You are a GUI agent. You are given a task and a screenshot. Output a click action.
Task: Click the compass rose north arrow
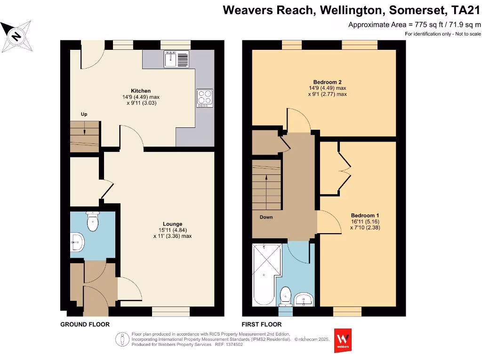17,36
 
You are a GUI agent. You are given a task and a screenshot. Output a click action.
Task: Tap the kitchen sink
177,59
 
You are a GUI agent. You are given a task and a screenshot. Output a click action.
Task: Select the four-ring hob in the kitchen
204,98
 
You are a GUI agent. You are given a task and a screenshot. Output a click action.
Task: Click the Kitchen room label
141,91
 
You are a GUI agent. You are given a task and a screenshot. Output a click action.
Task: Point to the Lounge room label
172,224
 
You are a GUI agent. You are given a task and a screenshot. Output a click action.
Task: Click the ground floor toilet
93,222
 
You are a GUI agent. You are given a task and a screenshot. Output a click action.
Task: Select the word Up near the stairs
84,114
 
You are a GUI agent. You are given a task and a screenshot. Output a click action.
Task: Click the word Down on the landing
266,217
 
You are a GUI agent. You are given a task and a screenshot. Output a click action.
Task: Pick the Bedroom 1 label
365,215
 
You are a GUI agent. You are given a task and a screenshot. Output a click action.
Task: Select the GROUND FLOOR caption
85,324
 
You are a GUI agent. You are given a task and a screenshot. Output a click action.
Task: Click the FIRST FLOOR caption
261,324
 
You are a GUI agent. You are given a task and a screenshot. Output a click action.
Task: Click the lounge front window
170,312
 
